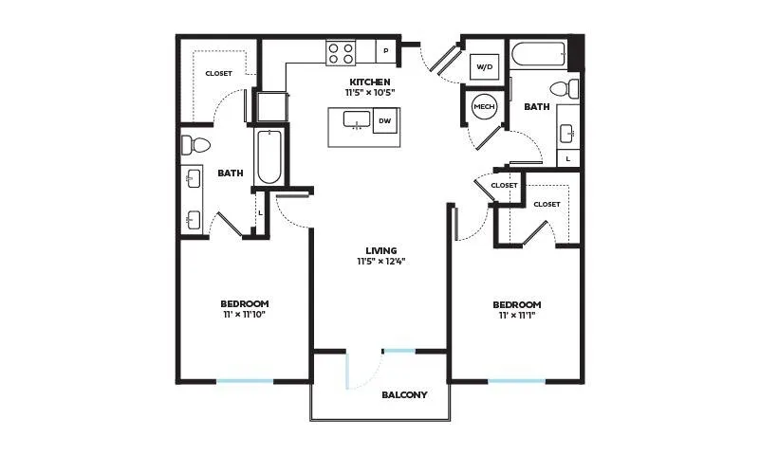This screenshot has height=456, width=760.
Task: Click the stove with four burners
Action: click(x=341, y=53)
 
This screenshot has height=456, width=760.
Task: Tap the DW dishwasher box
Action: click(x=385, y=120)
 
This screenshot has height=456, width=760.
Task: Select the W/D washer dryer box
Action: click(x=484, y=66)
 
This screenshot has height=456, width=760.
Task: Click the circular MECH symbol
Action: click(x=484, y=106)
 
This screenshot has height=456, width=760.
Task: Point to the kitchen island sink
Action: click(x=357, y=119)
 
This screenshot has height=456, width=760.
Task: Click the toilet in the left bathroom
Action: click(x=195, y=145)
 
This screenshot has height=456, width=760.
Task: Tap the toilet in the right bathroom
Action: click(x=565, y=89)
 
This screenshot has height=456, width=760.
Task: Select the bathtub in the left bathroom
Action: click(x=269, y=156)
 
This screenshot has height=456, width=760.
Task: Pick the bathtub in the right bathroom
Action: click(x=538, y=54)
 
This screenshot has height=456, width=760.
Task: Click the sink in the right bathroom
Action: click(x=567, y=134)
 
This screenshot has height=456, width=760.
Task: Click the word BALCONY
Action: click(x=404, y=395)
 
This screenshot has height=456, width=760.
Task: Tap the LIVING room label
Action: click(x=381, y=250)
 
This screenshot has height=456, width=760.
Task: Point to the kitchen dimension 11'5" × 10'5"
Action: click(x=370, y=93)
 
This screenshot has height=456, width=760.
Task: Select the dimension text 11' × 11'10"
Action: click(x=244, y=315)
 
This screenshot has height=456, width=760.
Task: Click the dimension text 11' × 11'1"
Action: click(x=517, y=316)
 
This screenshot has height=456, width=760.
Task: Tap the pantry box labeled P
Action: click(x=386, y=51)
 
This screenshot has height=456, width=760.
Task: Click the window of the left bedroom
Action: click(x=245, y=381)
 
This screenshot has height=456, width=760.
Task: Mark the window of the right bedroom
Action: click(x=517, y=381)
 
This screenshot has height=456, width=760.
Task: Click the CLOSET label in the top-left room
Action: click(x=218, y=74)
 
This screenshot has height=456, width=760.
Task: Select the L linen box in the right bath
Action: click(x=568, y=158)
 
